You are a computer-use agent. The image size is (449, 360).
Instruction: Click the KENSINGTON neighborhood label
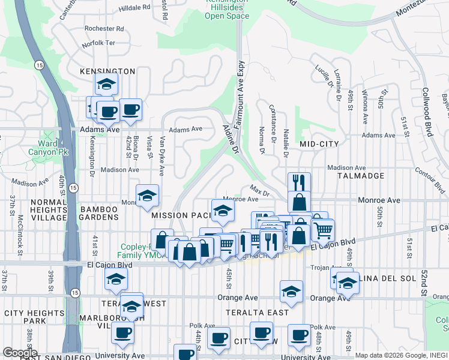tap(107, 71)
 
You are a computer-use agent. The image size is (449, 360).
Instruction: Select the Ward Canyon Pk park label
tap(48, 148)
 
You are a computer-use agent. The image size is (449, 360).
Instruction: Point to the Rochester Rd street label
tap(104, 28)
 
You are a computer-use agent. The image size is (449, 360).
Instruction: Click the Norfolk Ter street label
tap(98, 43)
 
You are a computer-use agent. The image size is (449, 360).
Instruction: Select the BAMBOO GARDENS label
tap(107, 209)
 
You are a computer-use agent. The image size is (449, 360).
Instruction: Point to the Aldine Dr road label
tap(231, 139)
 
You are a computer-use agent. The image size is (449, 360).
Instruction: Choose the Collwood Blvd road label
tap(427, 113)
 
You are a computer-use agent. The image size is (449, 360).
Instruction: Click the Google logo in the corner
tap(19, 353)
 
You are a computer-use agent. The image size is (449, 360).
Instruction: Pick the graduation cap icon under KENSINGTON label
tap(106, 84)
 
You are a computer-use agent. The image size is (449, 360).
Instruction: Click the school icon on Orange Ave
tap(291, 291)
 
